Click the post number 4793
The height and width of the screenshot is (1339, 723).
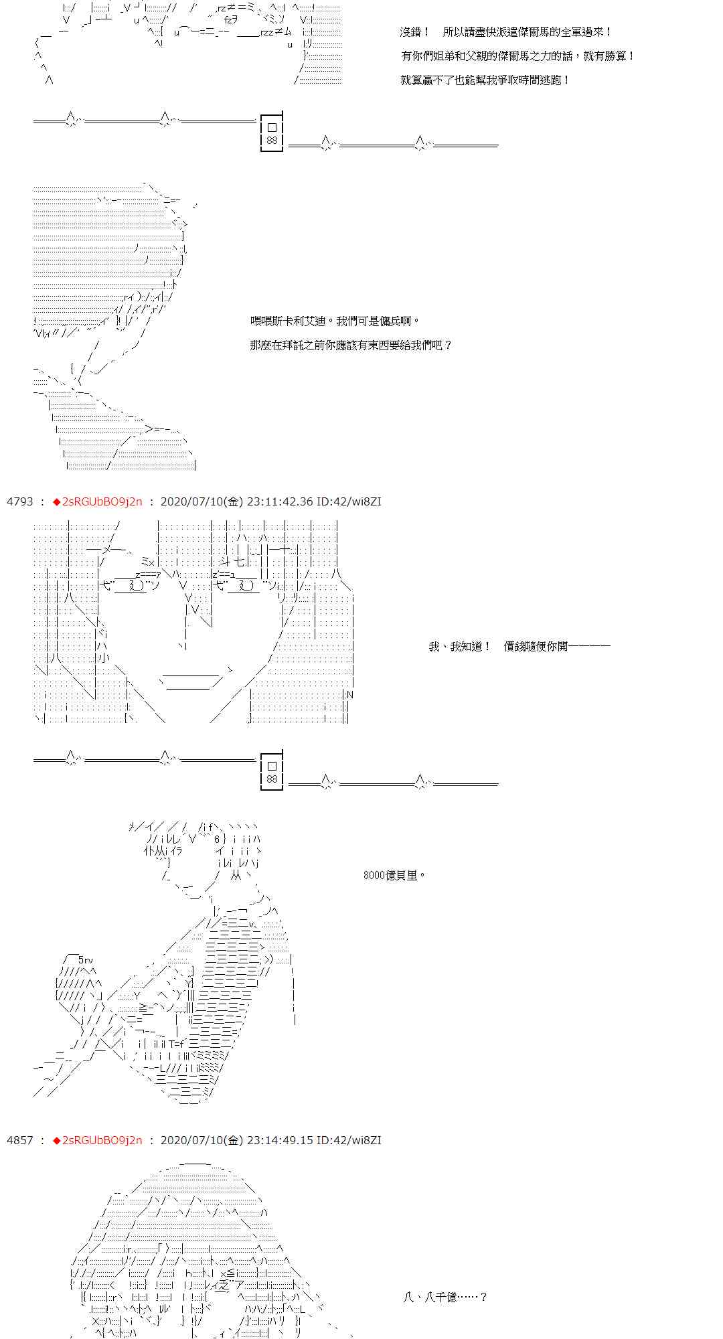tap(19, 501)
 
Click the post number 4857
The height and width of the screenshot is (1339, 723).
tap(19, 1140)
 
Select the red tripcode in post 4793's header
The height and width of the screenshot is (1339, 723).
tap(98, 501)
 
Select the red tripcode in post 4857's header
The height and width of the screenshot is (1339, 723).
tap(98, 1140)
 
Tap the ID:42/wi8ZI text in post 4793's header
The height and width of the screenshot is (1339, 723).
tap(348, 501)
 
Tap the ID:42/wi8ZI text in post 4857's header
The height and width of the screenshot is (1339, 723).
tap(348, 1140)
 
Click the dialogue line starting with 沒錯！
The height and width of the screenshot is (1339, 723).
tap(506, 32)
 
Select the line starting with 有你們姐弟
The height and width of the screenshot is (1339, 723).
tap(517, 56)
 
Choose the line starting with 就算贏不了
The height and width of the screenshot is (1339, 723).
tap(485, 80)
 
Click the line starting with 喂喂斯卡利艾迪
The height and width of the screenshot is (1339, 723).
tap(335, 321)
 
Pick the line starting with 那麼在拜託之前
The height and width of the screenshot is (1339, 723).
tap(351, 345)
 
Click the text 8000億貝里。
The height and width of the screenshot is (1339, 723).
tap(395, 876)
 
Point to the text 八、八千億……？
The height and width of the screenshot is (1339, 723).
tap(445, 1297)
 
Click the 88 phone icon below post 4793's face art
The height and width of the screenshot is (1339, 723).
tap(272, 771)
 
